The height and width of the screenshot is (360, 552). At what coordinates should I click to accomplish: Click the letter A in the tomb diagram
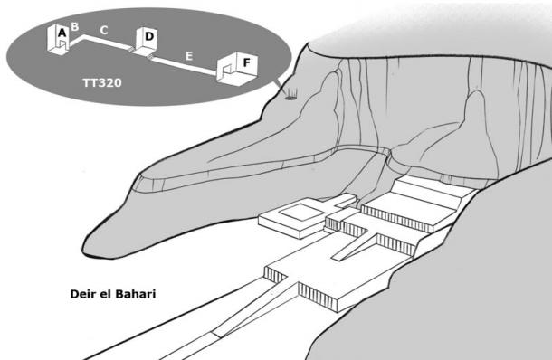[62, 33]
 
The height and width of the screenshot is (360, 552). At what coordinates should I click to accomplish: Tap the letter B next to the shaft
[75, 27]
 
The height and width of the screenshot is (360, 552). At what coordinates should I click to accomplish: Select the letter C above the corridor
[104, 31]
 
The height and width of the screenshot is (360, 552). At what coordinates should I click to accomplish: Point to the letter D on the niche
[149, 36]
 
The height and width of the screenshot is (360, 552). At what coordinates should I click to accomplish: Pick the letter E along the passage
[188, 56]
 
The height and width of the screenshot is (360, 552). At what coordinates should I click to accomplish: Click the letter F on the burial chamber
[246, 62]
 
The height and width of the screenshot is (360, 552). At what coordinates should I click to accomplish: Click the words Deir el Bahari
[113, 295]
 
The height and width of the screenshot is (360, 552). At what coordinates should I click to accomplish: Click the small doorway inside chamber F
[225, 70]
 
